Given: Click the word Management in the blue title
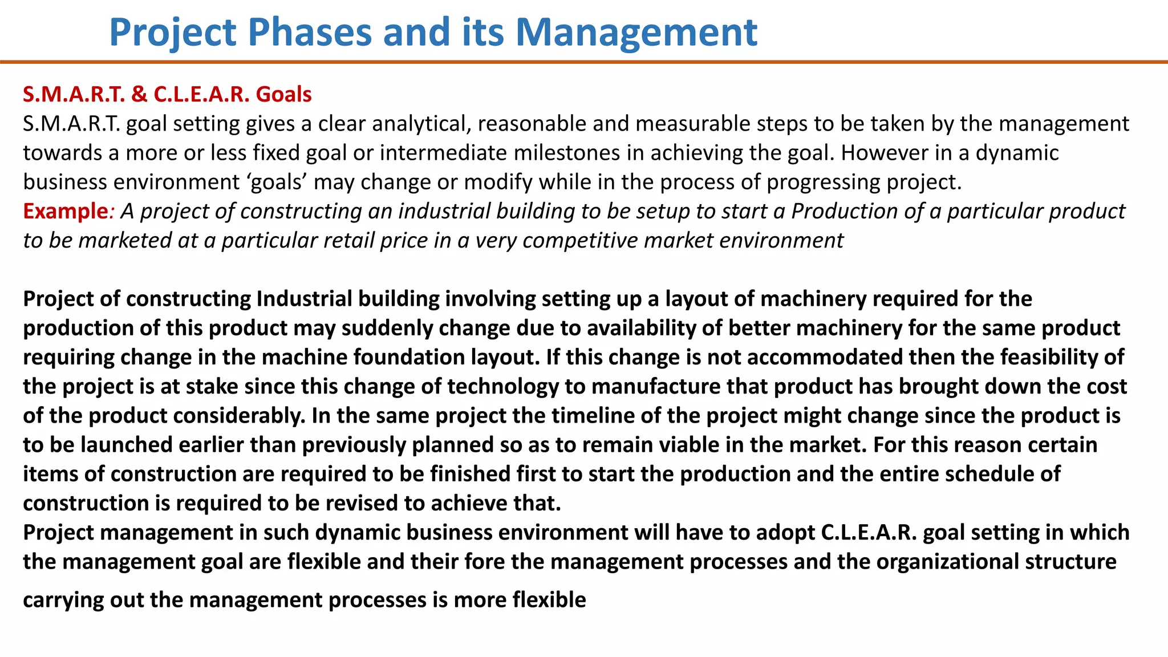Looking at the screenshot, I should tap(636, 32).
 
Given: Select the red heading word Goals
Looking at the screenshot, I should tap(283, 94).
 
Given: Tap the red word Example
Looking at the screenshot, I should tap(65, 211).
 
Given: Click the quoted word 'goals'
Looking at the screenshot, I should tap(277, 182).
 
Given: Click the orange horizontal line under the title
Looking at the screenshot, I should tap(584, 62).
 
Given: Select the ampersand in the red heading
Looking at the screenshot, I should tap(139, 94).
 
